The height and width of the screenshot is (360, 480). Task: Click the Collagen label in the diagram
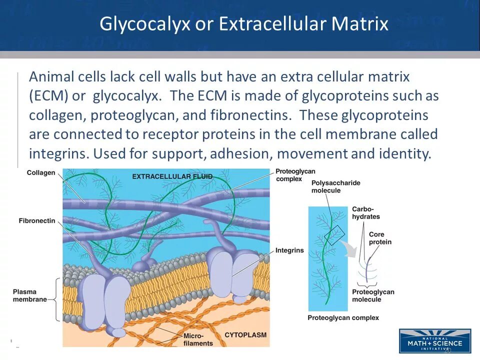40,173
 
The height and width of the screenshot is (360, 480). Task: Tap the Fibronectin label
37,220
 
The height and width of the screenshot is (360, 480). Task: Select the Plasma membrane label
29,295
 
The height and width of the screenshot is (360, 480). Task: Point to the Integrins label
289,250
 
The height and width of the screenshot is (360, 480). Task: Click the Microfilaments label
198,339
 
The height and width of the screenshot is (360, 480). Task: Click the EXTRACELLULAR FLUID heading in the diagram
172,176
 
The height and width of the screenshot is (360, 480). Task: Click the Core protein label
380,238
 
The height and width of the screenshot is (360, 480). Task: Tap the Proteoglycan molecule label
373,295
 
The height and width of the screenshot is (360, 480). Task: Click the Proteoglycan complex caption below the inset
343,317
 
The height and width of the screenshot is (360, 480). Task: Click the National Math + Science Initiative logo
434,341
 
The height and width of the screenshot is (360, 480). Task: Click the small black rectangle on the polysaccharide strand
334,235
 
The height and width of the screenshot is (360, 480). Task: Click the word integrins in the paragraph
59,153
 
